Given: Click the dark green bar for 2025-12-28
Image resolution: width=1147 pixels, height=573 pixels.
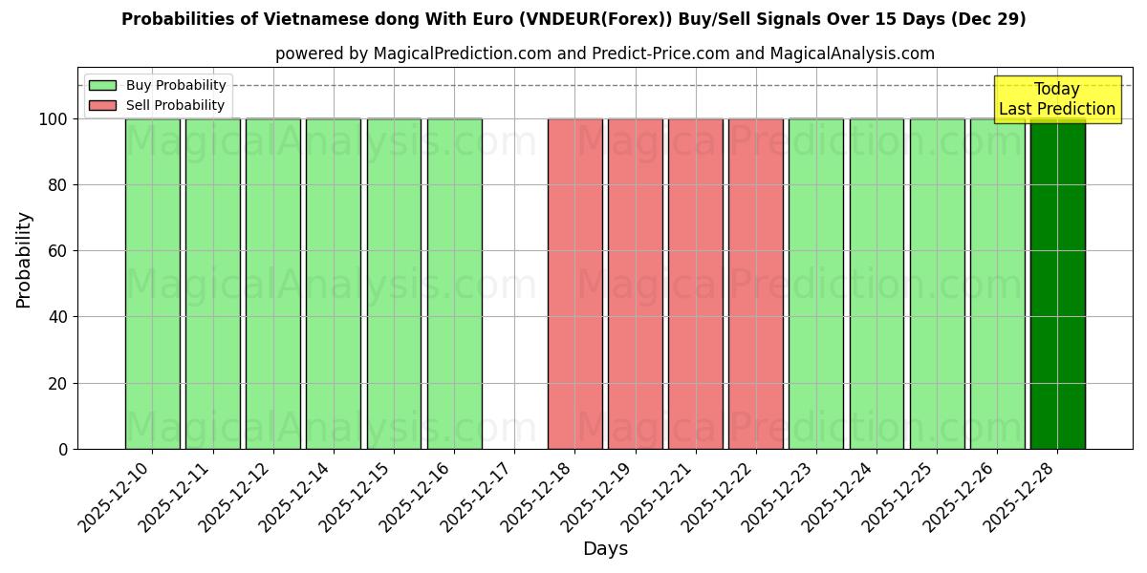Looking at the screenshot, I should (1057, 284).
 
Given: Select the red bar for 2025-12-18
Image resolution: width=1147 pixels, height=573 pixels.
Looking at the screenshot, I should (574, 284).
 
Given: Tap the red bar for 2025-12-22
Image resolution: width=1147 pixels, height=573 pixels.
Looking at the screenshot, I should (755, 284).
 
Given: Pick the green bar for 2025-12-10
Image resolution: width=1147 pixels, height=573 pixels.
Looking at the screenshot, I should (152, 284).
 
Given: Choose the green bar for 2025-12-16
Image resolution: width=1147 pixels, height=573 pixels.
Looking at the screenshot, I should (454, 284).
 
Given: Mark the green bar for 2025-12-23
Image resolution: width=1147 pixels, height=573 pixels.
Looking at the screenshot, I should (815, 284).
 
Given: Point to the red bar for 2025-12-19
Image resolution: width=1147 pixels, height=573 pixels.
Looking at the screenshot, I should (635, 284).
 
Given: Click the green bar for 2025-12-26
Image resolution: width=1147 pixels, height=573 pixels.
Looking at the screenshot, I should (997, 284).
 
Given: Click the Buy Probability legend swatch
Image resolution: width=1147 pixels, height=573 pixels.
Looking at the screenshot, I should (102, 86).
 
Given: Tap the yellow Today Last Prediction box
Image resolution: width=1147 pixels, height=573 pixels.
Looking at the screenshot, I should (1057, 99).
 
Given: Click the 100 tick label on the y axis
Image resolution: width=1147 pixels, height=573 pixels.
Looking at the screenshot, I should (53, 119).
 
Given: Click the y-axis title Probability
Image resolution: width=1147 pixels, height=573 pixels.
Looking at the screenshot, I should (24, 260).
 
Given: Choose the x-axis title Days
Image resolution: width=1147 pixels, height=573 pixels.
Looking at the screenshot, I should (605, 549).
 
